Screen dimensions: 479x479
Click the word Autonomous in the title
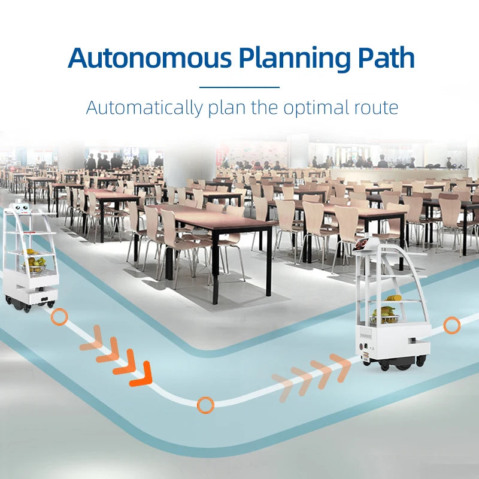pyautogui.click(x=149, y=58)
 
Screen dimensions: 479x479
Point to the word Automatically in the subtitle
pyautogui.click(x=144, y=108)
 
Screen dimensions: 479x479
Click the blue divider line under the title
pyautogui.click(x=239, y=87)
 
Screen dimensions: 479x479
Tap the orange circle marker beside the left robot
pyautogui.click(x=59, y=317)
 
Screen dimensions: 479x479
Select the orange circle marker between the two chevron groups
pyautogui.click(x=205, y=405)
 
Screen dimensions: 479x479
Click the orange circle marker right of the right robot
pyautogui.click(x=451, y=326)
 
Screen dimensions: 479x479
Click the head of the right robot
pyautogui.click(x=367, y=246)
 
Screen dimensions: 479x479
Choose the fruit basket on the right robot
pyautogui.click(x=383, y=315)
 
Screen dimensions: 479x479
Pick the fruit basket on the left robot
pyautogui.click(x=35, y=264)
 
